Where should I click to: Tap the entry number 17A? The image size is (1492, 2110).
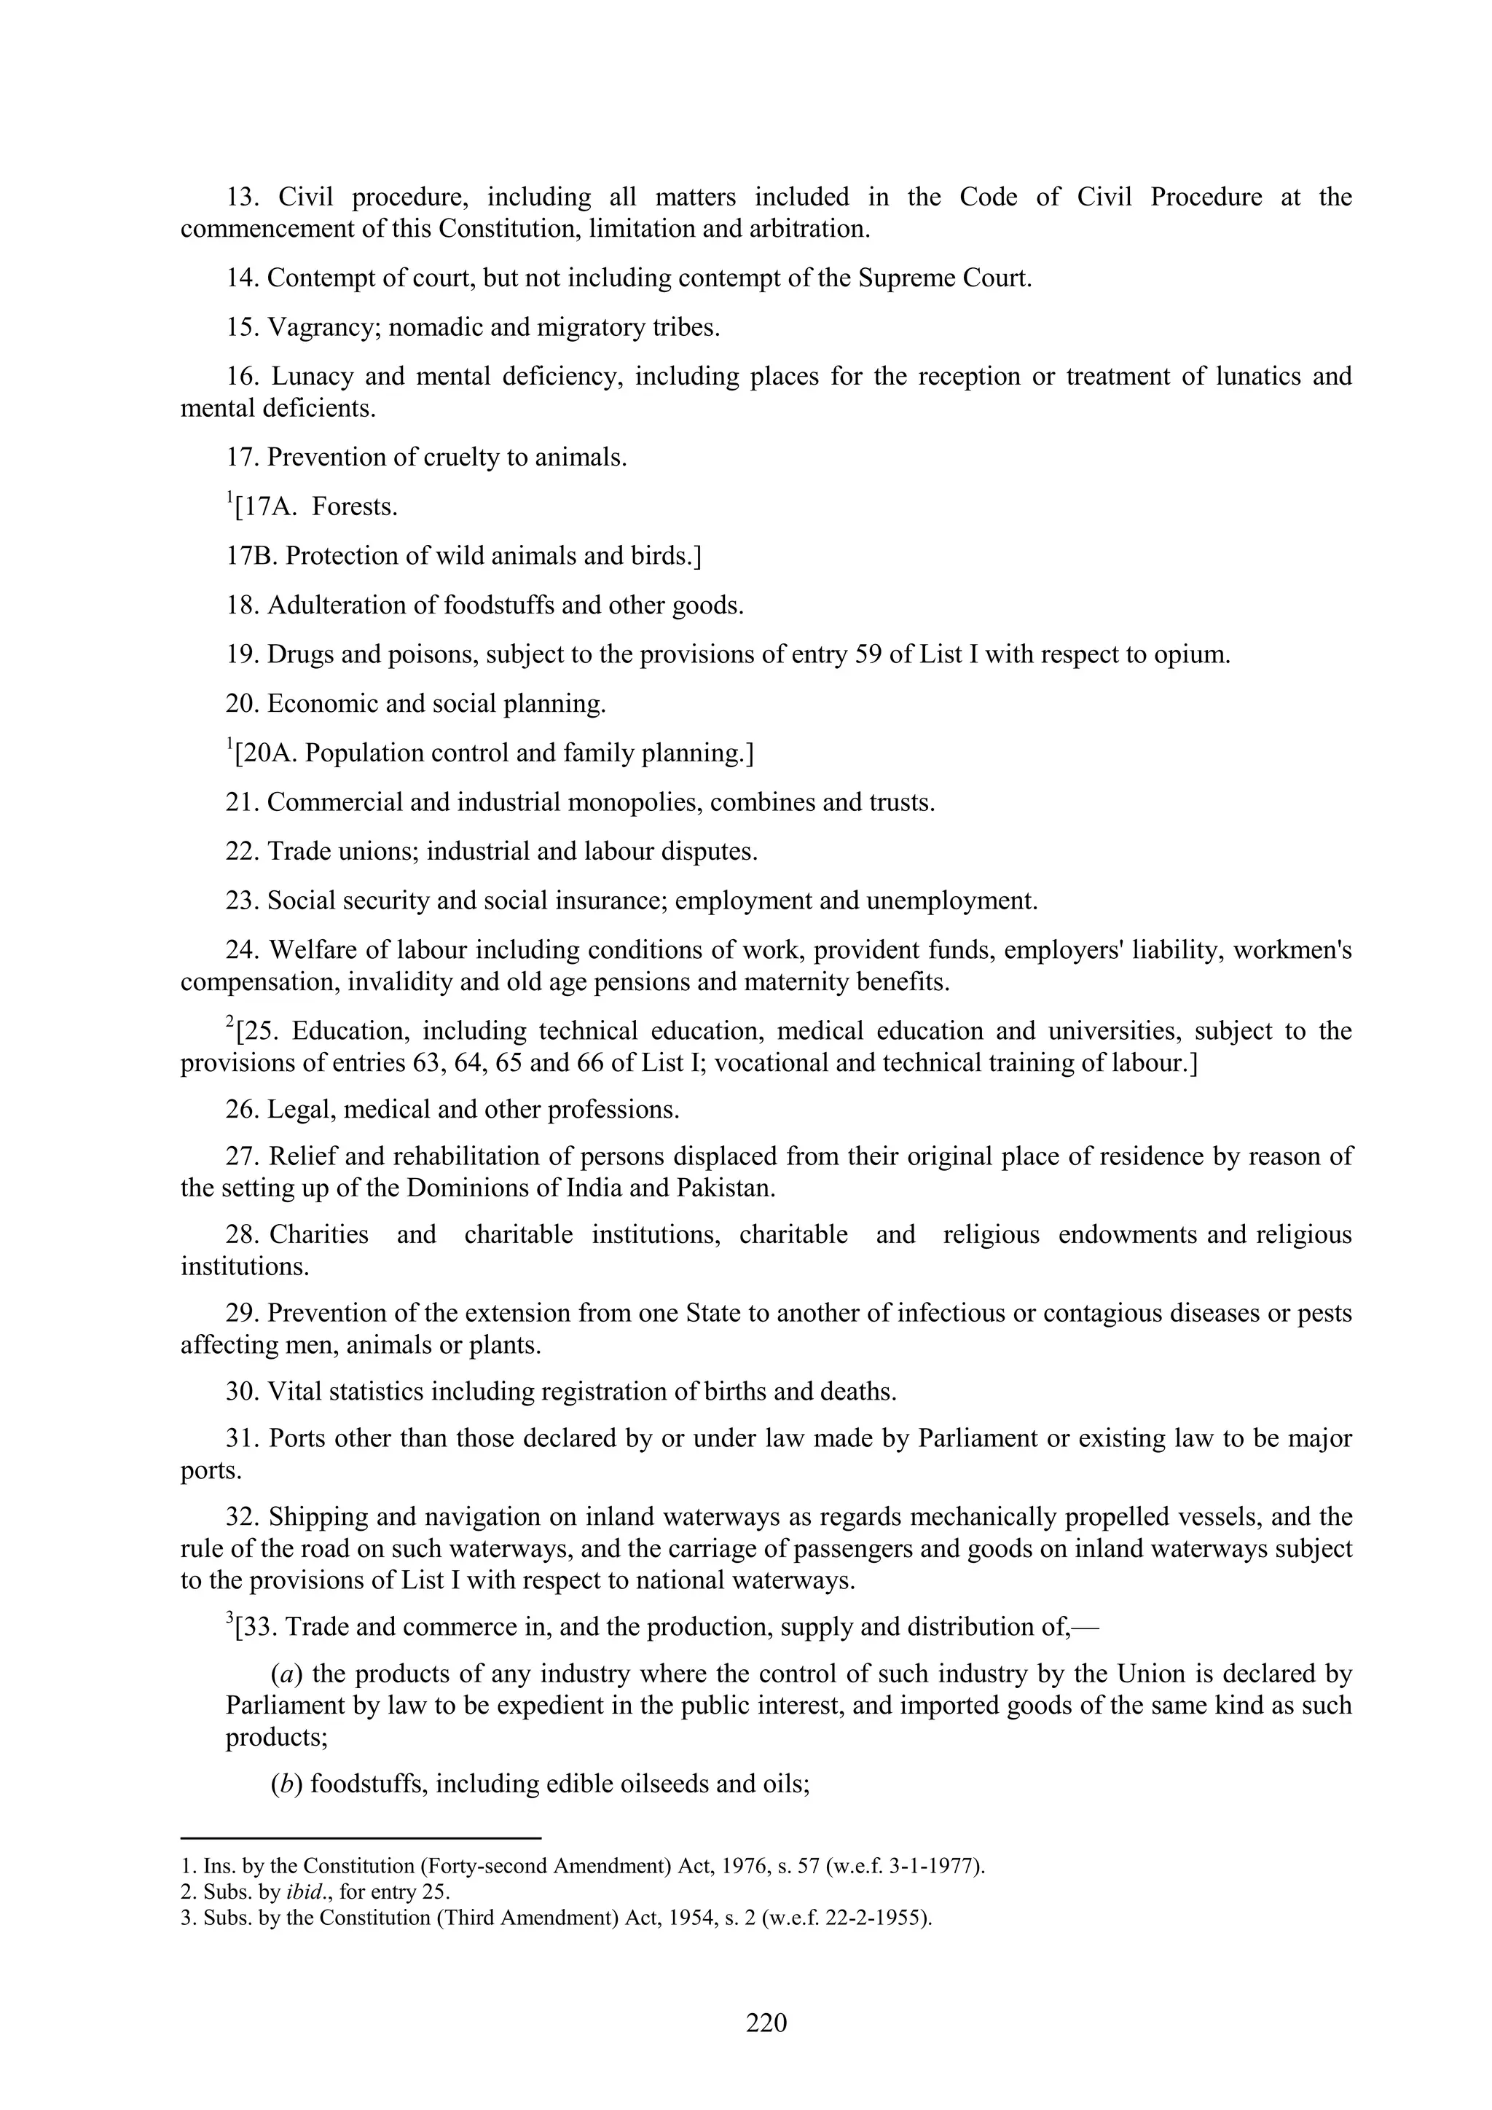pos(270,507)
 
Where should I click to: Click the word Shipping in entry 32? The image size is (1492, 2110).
pos(313,1517)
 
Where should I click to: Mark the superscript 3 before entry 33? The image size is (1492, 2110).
pos(229,1620)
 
